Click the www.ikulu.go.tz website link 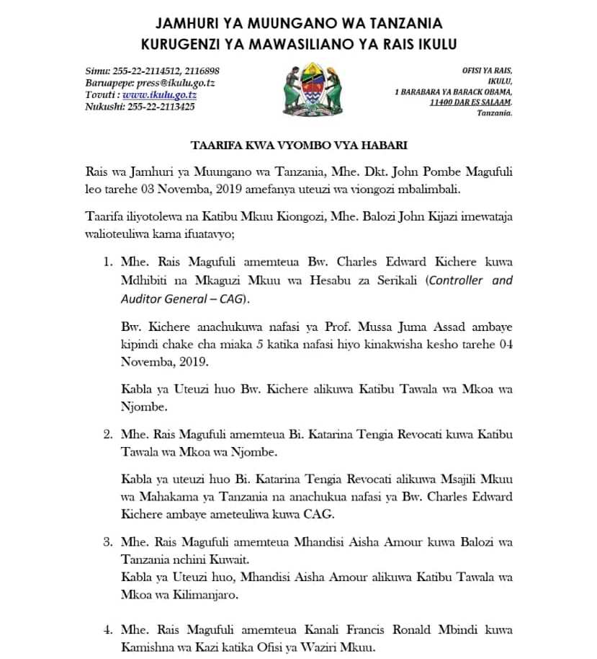[159, 94]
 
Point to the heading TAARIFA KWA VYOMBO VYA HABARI [299, 145]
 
